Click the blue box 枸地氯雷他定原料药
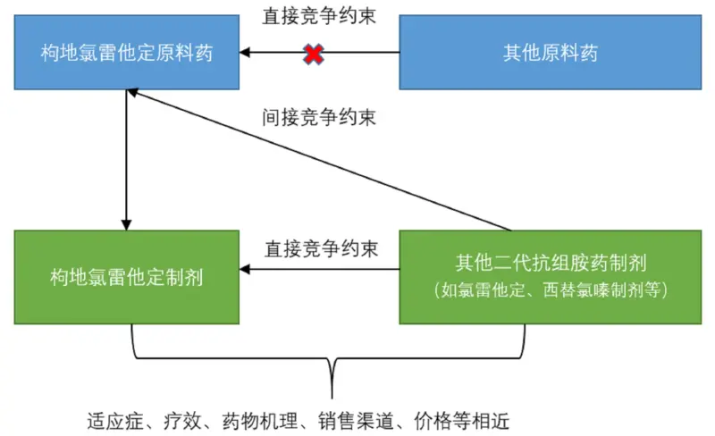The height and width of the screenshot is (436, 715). (126, 53)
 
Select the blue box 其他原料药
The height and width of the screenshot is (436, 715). (551, 53)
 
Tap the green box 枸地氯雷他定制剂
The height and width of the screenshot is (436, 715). (126, 277)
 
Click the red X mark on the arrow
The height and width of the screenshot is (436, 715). (313, 54)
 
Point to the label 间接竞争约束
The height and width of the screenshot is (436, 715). (318, 117)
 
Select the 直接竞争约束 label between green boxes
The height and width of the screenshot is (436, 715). (318, 247)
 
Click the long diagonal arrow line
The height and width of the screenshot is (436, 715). (322, 161)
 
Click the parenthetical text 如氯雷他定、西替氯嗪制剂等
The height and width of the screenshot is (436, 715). (551, 290)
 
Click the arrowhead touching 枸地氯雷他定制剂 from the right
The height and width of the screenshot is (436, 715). (246, 269)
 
